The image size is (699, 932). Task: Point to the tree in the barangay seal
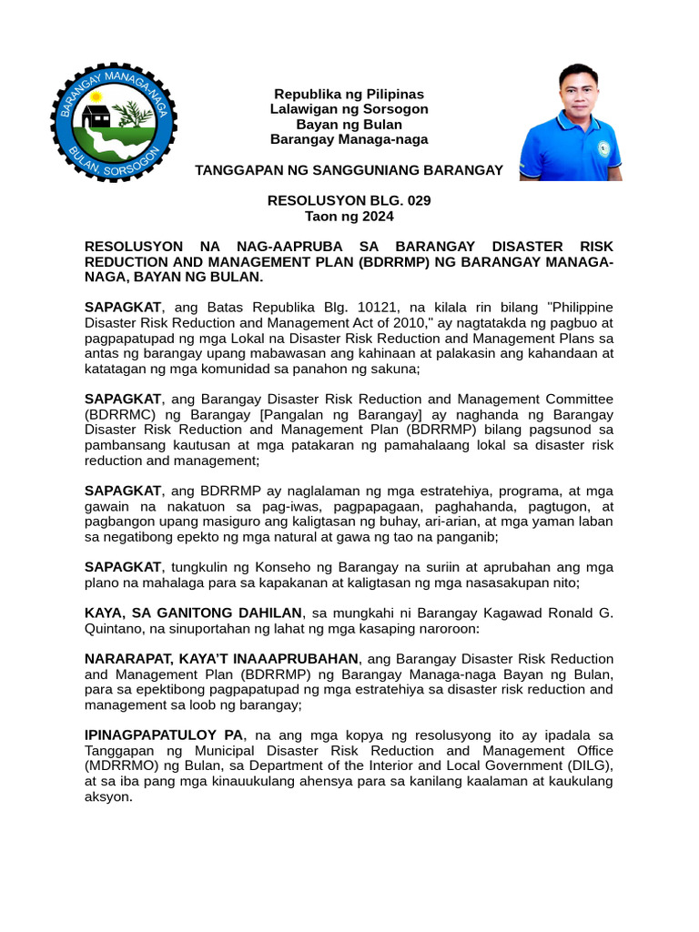(135, 115)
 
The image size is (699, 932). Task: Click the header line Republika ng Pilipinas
(349, 94)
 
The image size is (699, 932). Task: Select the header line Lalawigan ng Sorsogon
(349, 109)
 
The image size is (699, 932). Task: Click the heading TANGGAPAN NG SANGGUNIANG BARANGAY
(349, 170)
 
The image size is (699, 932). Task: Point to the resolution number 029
(416, 200)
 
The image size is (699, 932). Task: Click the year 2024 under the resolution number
(378, 216)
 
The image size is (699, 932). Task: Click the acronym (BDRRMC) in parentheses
(121, 414)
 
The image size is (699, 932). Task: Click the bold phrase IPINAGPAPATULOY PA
(164, 734)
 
